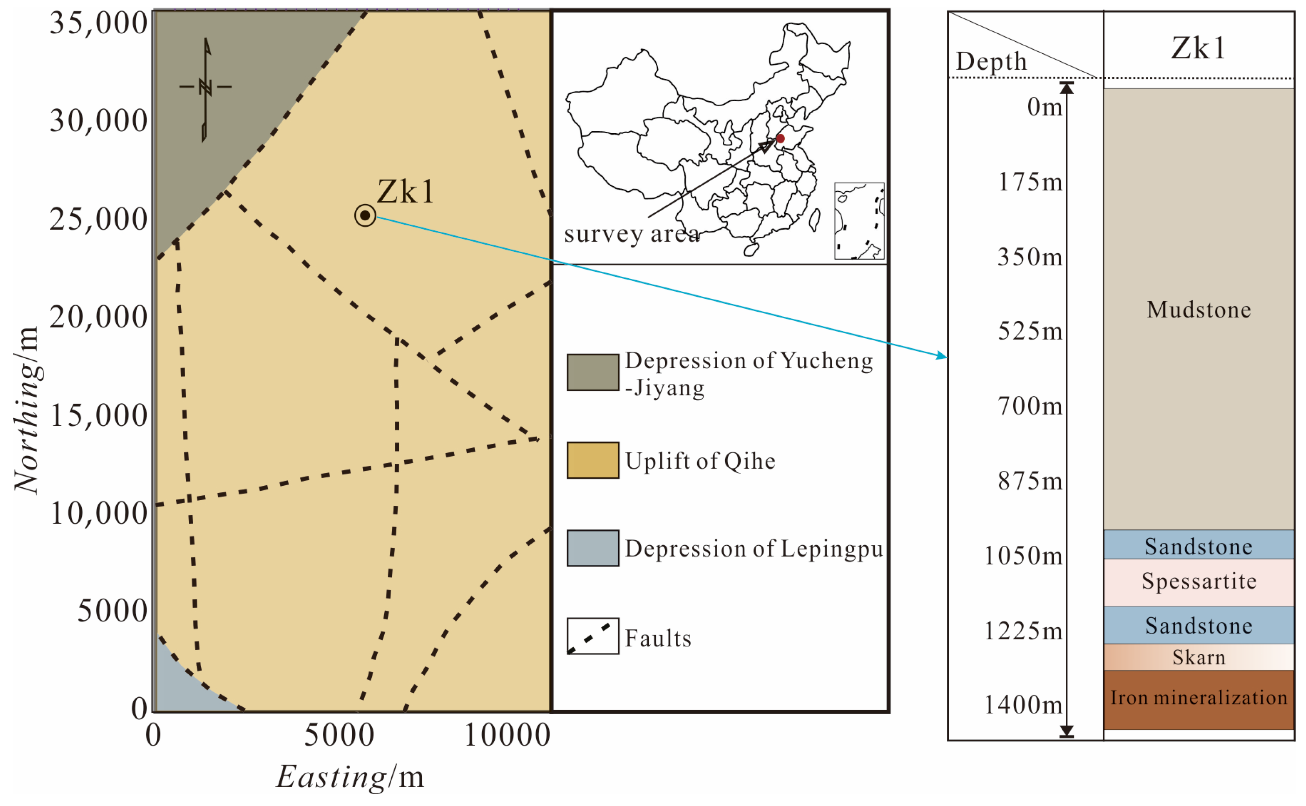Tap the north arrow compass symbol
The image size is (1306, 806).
206,88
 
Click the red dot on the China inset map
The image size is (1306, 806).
780,139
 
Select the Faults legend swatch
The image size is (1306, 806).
592,636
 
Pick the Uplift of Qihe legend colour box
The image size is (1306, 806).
592,460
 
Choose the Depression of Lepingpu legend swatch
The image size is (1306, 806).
592,548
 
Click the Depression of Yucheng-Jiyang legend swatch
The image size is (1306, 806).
592,372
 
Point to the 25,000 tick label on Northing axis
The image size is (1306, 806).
99,219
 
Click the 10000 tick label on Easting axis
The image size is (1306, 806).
507,736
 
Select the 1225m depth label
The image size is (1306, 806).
1023,631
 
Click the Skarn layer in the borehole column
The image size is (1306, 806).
1198,657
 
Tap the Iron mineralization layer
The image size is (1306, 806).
1198,698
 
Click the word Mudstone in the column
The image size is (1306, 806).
1198,310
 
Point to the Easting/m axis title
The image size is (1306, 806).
350,777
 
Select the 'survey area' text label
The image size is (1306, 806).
632,234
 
